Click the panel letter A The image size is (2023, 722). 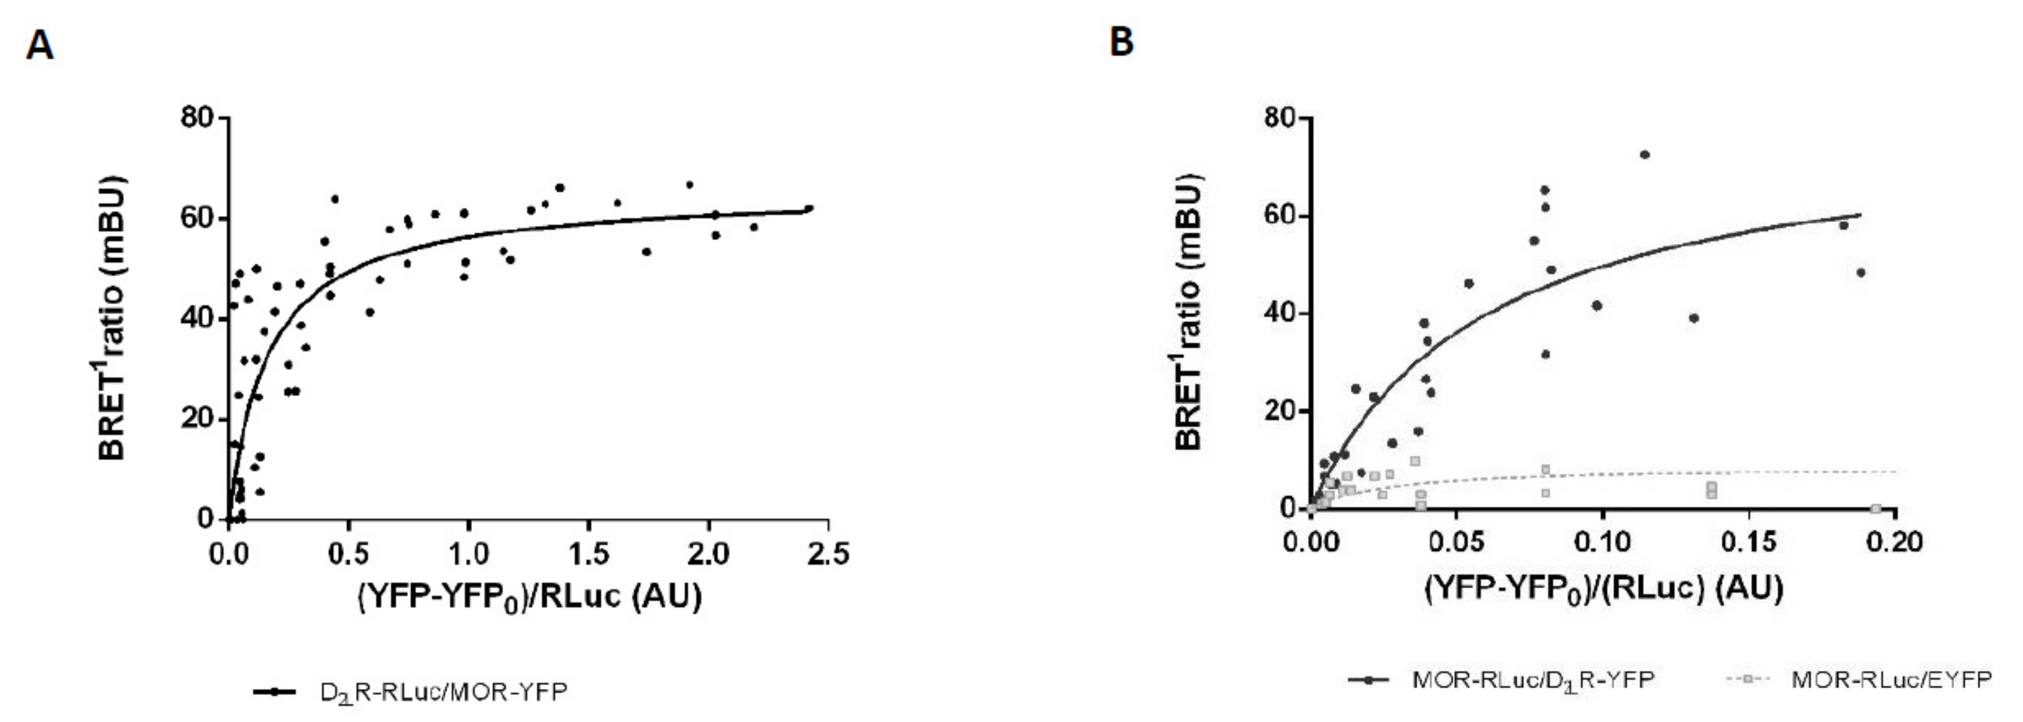point(40,44)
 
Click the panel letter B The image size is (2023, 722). point(1122,41)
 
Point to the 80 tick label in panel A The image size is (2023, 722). point(197,118)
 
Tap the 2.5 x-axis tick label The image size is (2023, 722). point(826,554)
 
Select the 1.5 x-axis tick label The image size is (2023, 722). point(589,554)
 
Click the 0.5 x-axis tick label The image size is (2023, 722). point(348,554)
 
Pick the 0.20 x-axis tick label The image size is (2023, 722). point(1895,542)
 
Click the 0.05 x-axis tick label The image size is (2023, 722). point(1456,542)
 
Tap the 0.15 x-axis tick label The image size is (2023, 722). point(1748,542)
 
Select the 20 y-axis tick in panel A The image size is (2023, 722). point(197,418)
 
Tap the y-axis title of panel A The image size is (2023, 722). point(112,318)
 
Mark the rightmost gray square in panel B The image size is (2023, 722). point(1876,509)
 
